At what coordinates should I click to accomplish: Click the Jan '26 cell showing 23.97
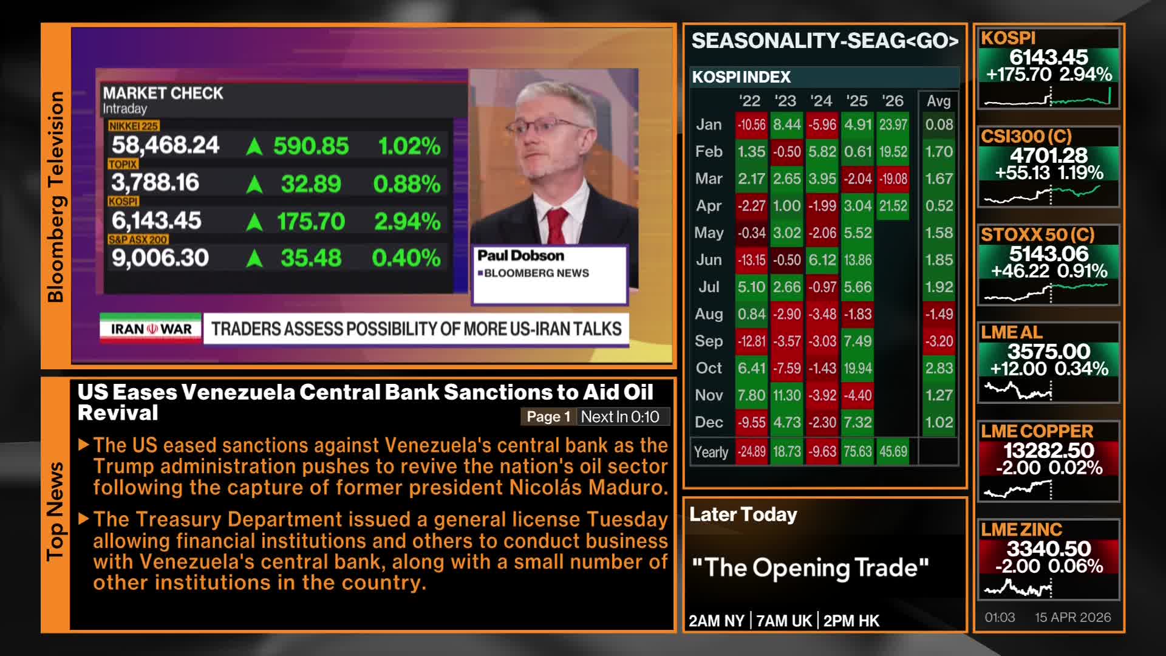click(893, 125)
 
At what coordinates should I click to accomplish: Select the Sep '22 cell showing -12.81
click(751, 341)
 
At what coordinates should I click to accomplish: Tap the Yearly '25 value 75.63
click(857, 452)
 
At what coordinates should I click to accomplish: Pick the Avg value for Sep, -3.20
click(939, 341)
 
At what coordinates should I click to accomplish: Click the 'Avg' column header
click(938, 101)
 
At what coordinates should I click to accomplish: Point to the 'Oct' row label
click(709, 368)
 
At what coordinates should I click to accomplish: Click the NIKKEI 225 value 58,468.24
click(165, 145)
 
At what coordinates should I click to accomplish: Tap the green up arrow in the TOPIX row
click(254, 184)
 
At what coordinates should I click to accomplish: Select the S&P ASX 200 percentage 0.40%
click(406, 258)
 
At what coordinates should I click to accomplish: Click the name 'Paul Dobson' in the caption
click(520, 256)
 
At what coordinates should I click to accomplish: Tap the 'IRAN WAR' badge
click(151, 329)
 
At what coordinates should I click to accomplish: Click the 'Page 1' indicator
click(548, 417)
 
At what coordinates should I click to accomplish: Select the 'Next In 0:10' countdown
click(620, 417)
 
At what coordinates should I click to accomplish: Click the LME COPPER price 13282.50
click(1049, 451)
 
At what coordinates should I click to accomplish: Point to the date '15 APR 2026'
click(1073, 617)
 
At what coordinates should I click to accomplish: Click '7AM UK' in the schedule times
click(784, 621)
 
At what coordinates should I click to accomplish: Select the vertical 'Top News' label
click(55, 511)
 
